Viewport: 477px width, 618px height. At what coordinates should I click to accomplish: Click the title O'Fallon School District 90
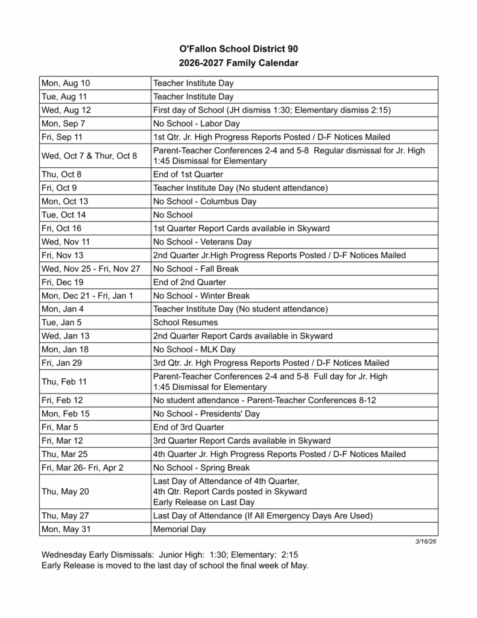click(x=239, y=48)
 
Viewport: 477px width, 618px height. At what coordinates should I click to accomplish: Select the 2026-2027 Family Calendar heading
click(x=239, y=62)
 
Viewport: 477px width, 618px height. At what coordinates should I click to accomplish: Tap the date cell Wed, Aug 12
click(x=66, y=110)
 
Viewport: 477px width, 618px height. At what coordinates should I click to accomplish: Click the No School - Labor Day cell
click(x=197, y=124)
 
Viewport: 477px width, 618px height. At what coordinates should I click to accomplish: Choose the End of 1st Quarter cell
click(x=188, y=174)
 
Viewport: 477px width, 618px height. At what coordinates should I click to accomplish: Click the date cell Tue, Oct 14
click(x=64, y=215)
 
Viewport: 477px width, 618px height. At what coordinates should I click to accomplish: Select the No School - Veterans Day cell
click(x=203, y=241)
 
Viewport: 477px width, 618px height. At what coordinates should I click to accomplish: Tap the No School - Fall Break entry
click(x=197, y=269)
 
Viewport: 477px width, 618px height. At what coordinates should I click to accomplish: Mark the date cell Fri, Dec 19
click(x=62, y=282)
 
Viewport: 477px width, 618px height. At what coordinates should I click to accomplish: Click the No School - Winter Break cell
click(x=201, y=296)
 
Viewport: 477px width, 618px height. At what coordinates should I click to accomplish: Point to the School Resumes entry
click(x=186, y=322)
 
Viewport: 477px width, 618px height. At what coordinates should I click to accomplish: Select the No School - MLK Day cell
click(x=194, y=349)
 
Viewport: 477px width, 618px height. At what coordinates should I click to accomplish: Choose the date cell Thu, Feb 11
click(x=64, y=381)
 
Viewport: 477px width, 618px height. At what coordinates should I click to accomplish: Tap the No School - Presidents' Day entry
click(x=206, y=413)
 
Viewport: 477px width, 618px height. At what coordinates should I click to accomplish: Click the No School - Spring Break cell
click(x=201, y=468)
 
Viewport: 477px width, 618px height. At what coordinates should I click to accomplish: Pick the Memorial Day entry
click(x=180, y=529)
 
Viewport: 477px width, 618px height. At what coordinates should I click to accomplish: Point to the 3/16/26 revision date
click(x=426, y=541)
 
